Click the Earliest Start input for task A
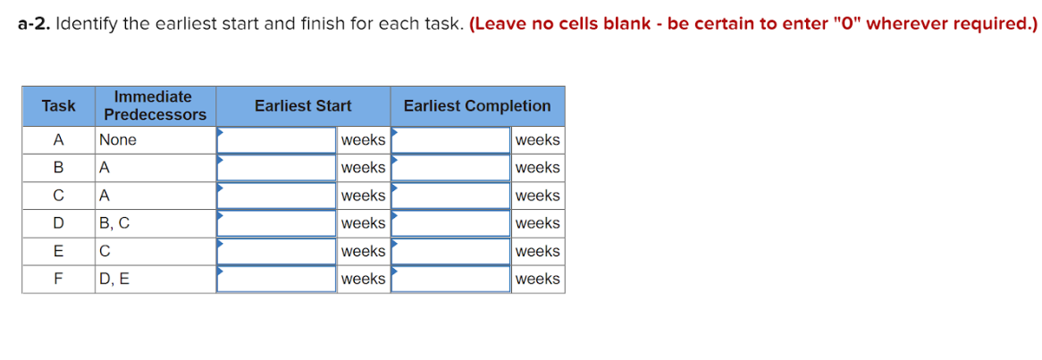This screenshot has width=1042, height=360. tap(276, 140)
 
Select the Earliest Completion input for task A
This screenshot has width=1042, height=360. tap(450, 140)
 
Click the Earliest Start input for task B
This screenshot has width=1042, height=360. tap(276, 168)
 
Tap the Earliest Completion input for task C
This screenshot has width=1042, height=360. tap(450, 196)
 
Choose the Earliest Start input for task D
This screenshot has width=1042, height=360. tap(276, 223)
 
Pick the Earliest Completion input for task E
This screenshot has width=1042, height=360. tap(450, 251)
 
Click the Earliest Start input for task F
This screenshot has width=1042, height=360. tap(276, 279)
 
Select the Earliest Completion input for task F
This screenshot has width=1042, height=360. tap(450, 279)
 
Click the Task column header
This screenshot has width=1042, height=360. tap(58, 106)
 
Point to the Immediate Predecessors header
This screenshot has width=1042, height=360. tap(155, 106)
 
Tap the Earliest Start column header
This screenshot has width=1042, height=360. tap(303, 106)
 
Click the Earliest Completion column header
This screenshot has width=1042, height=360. tap(477, 106)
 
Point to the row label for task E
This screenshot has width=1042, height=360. tap(58, 252)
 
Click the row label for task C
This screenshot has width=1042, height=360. tap(58, 196)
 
